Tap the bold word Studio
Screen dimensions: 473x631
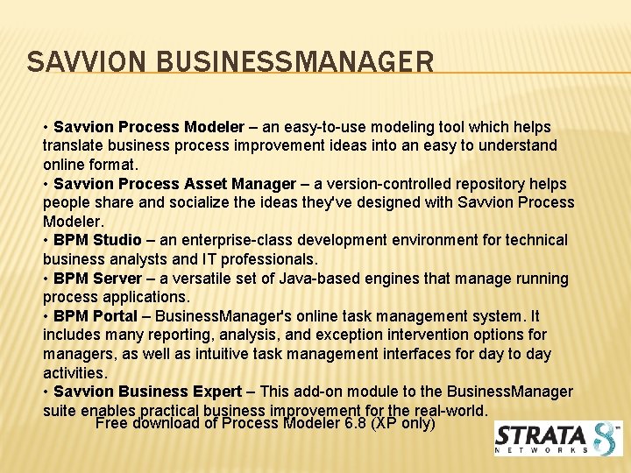(117, 240)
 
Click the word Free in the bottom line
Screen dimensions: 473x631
(111, 424)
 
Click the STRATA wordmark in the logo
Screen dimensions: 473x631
(541, 435)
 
